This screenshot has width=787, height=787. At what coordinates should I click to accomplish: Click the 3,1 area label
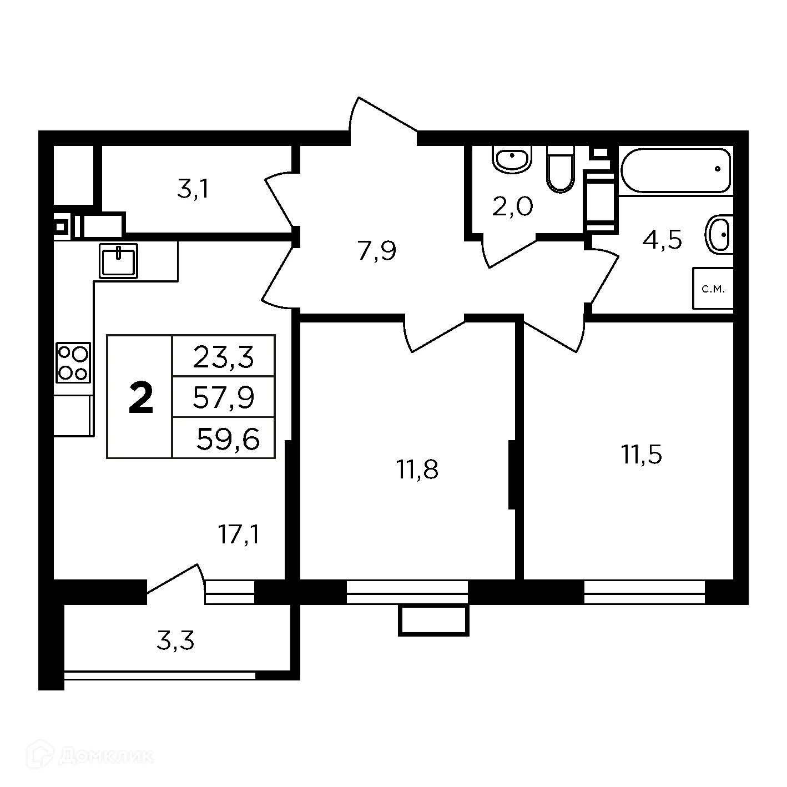click(193, 190)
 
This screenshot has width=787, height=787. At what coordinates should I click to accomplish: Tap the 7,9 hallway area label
click(377, 251)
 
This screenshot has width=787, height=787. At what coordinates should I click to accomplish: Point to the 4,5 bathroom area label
click(662, 240)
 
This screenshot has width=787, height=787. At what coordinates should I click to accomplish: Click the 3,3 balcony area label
click(175, 641)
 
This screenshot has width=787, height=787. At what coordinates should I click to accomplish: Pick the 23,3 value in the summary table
click(223, 357)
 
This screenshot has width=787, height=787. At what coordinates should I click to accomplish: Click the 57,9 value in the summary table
click(223, 397)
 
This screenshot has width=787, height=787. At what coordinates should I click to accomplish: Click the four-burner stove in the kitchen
click(73, 362)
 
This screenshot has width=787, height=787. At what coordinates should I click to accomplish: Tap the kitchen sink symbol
click(119, 260)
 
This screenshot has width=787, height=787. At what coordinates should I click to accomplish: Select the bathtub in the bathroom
click(675, 170)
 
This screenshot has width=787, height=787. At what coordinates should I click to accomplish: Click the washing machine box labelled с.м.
click(713, 289)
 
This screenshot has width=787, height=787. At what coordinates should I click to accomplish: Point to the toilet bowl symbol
click(560, 169)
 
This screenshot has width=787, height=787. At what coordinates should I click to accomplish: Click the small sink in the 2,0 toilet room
click(512, 159)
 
